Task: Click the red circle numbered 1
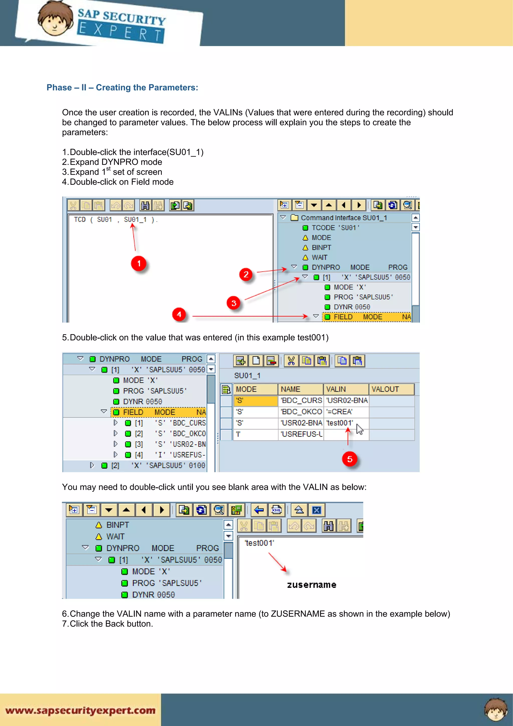coord(139,263)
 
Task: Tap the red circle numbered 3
coord(234,303)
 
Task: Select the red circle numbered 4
coord(179,314)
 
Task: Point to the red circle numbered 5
coord(350,459)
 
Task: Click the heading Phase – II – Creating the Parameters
coord(122,88)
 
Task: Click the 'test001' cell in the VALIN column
coord(340,423)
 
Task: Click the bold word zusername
coord(311,585)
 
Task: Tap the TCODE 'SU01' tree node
coord(335,228)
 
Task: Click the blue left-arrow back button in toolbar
coord(259,510)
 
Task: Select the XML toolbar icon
coord(277,510)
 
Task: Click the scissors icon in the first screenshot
coord(73,205)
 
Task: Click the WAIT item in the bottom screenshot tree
coord(115,537)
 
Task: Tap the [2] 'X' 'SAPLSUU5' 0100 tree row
coord(158,465)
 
